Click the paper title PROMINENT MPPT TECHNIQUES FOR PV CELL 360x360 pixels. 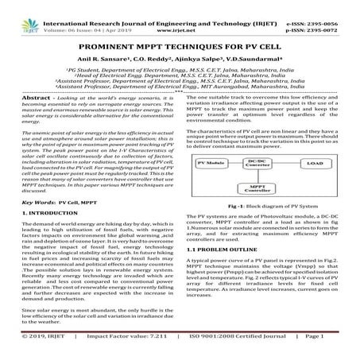180,48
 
